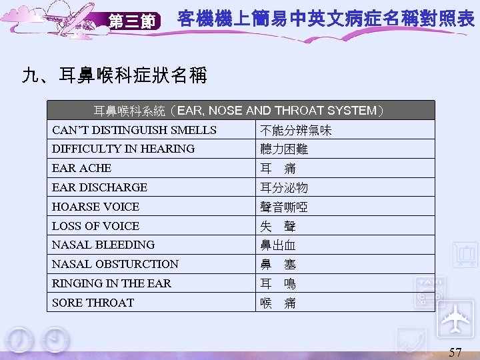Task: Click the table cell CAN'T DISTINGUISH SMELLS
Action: (x=134, y=130)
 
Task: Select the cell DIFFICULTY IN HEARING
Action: (x=123, y=149)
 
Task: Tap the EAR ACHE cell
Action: (x=82, y=168)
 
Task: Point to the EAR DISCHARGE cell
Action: (x=99, y=187)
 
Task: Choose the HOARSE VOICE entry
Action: (x=95, y=207)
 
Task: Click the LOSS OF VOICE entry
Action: (x=95, y=226)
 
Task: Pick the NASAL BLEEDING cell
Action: (x=103, y=245)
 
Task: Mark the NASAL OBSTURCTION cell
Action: (x=115, y=264)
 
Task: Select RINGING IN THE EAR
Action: (x=111, y=283)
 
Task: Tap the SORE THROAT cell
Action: (x=93, y=303)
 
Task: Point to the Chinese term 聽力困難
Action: (x=284, y=149)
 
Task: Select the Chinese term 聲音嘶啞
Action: (x=284, y=207)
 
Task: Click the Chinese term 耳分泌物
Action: (x=284, y=187)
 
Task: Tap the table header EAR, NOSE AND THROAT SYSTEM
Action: (x=239, y=110)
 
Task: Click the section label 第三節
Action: (x=131, y=21)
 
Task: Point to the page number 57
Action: (x=455, y=352)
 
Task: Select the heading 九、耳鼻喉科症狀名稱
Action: (x=114, y=74)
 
